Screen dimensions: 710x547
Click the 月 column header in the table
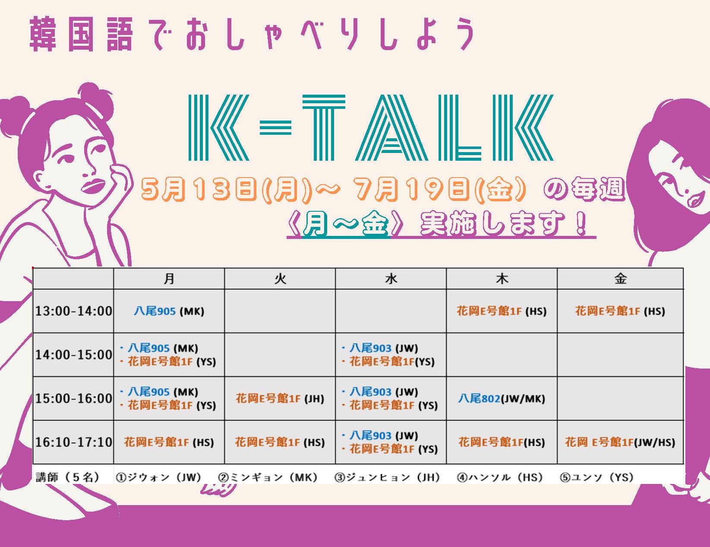click(169, 279)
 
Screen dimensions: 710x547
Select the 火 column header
click(280, 279)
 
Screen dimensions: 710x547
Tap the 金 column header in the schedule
click(620, 279)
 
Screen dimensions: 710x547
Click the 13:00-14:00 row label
click(73, 311)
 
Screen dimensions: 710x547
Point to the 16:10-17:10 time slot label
click(73, 442)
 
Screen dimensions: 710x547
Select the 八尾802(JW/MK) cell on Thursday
click(502, 398)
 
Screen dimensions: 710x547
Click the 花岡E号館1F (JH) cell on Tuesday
click(280, 398)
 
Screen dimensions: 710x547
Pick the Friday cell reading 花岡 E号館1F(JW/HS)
click(620, 442)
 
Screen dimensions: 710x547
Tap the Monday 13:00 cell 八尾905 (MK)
click(169, 311)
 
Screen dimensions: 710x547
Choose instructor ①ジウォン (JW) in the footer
click(158, 477)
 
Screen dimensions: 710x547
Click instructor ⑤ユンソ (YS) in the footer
click(596, 477)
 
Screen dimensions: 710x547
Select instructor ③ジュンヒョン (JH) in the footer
click(387, 477)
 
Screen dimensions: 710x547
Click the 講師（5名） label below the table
click(67, 477)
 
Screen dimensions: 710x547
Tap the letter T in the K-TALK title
click(323, 127)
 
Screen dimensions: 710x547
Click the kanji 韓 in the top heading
click(42, 34)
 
